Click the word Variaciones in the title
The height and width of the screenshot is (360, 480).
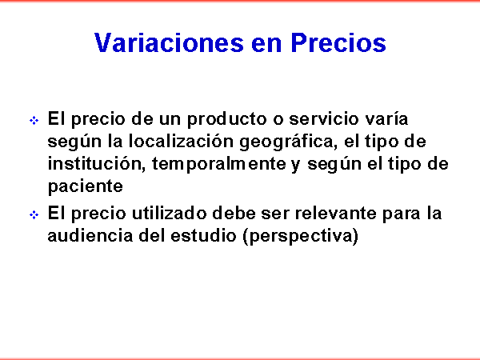click(x=169, y=42)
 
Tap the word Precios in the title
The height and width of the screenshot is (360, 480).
click(x=338, y=42)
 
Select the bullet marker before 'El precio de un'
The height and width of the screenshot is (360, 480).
click(x=34, y=120)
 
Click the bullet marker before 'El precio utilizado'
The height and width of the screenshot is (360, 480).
click(x=34, y=214)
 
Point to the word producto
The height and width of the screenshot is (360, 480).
click(x=227, y=119)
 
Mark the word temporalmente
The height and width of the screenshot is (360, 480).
click(x=219, y=165)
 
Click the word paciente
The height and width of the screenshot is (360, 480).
click(x=86, y=186)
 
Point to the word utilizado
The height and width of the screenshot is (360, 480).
click(x=170, y=213)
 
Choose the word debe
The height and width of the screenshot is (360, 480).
click(x=234, y=213)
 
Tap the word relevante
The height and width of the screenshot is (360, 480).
click(x=335, y=213)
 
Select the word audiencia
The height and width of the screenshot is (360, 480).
click(x=90, y=235)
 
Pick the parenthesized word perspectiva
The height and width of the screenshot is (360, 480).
click(x=300, y=236)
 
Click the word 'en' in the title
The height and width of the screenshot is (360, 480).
click(x=266, y=44)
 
